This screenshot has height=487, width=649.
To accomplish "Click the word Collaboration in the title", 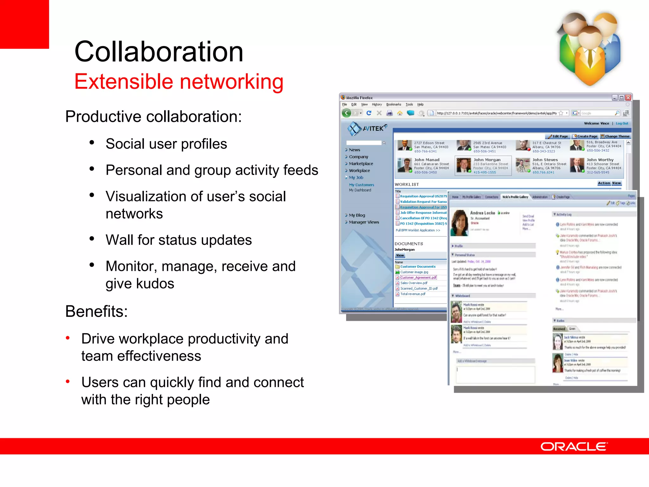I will (158, 52).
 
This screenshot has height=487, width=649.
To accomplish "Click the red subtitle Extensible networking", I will (179, 81).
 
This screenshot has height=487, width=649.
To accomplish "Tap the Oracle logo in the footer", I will (574, 446).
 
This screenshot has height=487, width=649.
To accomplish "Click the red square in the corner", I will (24, 24).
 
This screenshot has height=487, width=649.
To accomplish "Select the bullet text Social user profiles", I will (166, 144).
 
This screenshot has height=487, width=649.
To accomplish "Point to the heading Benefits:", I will (96, 311).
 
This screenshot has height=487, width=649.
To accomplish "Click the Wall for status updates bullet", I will (178, 240).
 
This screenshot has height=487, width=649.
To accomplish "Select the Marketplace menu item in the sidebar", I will (361, 164).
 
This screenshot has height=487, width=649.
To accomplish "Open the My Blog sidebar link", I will (357, 215).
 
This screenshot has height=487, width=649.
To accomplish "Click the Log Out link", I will (622, 123).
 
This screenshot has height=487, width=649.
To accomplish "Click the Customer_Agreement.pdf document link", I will (418, 277).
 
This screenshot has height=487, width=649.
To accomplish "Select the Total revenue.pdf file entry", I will (413, 294).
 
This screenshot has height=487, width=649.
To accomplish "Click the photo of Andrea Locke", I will (459, 223).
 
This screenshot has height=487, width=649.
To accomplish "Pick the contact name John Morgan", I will (487, 160).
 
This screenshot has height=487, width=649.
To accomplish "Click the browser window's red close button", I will (628, 98).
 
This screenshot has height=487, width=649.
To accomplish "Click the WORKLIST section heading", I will (407, 184).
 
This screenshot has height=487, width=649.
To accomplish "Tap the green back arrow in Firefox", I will (347, 113).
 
